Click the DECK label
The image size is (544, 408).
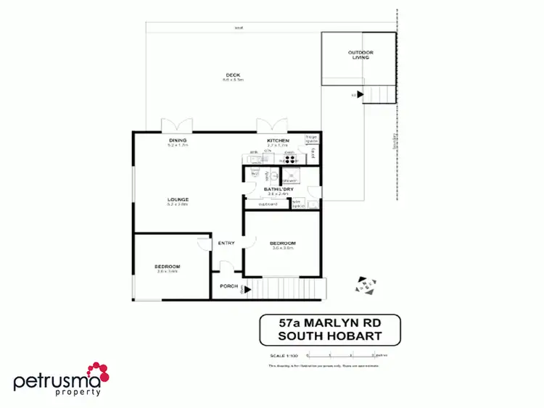pos(232,75)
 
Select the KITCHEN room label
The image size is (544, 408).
pos(279,140)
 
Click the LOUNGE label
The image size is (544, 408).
pos(178,199)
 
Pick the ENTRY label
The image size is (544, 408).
pos(226,243)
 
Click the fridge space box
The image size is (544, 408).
pos(311,138)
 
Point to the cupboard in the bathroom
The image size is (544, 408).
pos(268,204)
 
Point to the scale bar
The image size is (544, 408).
pos(341,355)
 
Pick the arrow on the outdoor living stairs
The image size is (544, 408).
pos(360,94)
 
